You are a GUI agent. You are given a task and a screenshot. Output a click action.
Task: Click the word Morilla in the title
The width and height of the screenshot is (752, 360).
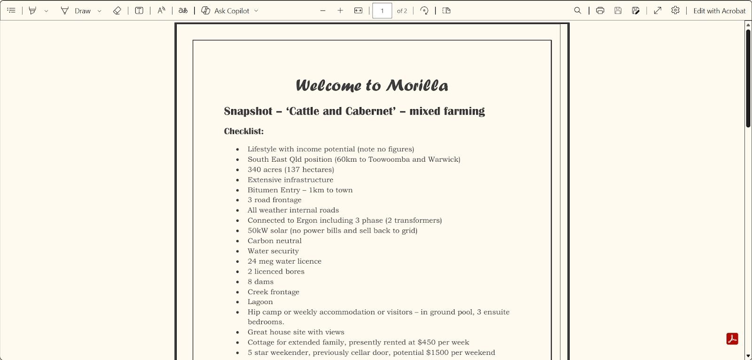[x=417, y=86]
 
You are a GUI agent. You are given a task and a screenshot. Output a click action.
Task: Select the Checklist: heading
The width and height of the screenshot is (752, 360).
[x=243, y=131]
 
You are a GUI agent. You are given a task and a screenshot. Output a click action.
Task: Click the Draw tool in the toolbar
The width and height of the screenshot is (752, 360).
[x=76, y=11]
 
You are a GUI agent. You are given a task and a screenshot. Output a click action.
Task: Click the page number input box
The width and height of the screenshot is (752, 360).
[x=382, y=11]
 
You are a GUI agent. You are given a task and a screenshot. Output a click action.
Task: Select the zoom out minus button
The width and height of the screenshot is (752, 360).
[x=323, y=11]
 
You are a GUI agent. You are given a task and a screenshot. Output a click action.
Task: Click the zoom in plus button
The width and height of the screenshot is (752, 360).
[x=340, y=11]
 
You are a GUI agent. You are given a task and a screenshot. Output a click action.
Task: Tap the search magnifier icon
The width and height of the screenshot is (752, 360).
[x=578, y=11]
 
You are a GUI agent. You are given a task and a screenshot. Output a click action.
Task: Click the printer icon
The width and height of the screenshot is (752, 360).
[x=600, y=11]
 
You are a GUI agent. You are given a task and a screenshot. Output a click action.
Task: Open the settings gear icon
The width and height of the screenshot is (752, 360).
[x=675, y=11]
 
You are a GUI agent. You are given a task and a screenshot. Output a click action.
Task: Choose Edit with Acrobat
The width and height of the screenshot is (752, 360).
[x=719, y=11]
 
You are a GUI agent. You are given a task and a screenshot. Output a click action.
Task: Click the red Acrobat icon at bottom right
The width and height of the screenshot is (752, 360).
[x=732, y=339]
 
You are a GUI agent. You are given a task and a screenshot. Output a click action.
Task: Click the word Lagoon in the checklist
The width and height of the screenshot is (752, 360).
[x=260, y=302]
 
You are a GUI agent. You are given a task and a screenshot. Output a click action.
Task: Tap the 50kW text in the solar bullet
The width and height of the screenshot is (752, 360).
[x=258, y=230]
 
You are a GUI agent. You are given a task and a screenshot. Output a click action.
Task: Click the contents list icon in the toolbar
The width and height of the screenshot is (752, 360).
[x=11, y=11]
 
